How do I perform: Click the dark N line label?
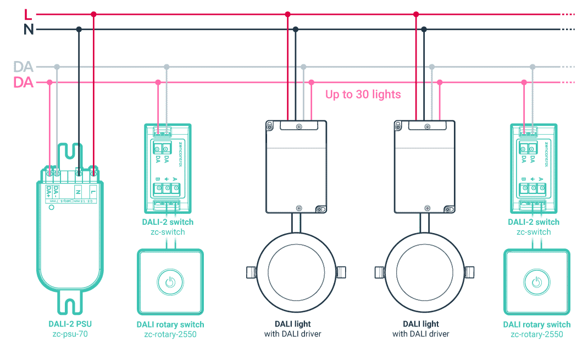pos(29,29)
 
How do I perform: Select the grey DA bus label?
pos(23,67)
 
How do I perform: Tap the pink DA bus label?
pos(23,82)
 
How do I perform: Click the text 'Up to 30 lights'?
pos(363,95)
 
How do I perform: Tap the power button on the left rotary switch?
pos(170,283)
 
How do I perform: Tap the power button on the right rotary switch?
pos(536,283)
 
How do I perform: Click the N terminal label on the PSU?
pos(79,191)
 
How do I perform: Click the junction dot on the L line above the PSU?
pos(94,14)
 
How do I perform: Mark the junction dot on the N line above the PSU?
pos(79,29)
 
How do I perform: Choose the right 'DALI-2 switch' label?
pos(534,222)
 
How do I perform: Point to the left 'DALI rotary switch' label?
pos(170,324)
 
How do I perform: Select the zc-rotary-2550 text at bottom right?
pos(537,334)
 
